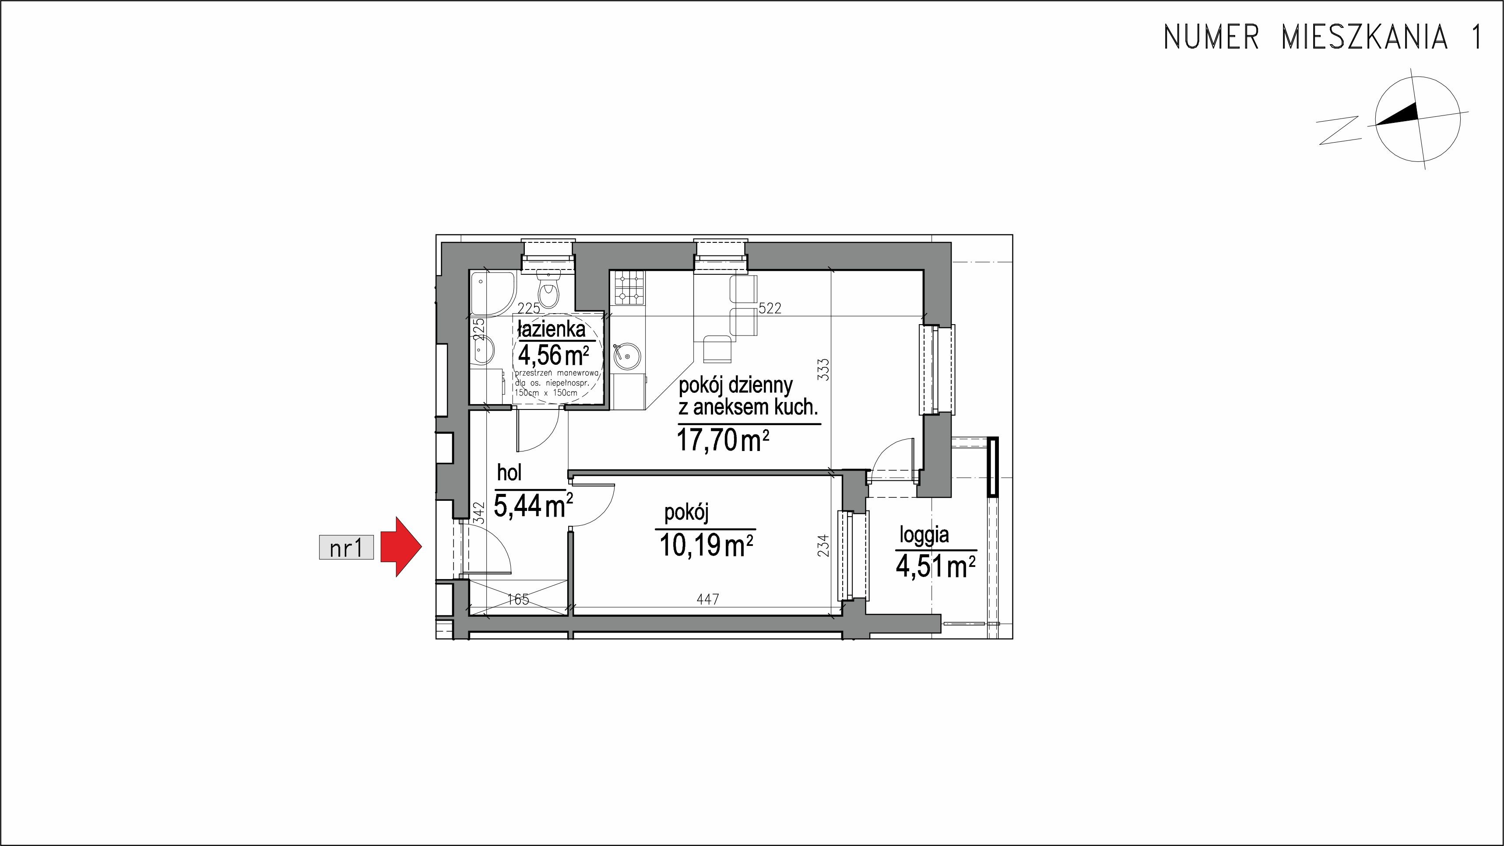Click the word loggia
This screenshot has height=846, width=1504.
[924, 535]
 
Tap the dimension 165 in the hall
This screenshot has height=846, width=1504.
[518, 599]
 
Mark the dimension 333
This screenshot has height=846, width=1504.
[823, 369]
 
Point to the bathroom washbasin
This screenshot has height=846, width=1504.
[485, 351]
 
